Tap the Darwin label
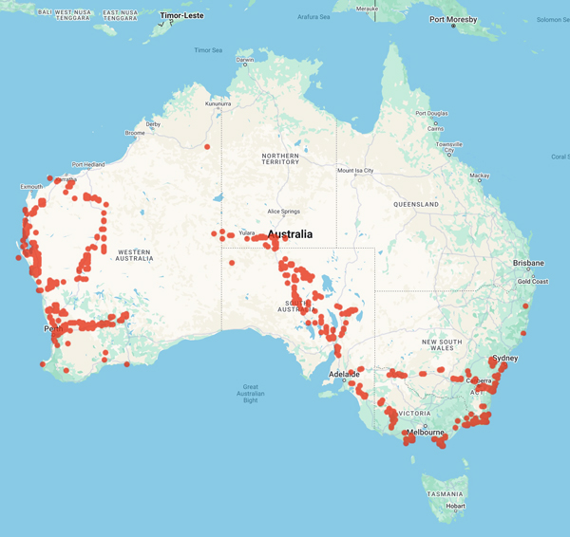click(x=245, y=60)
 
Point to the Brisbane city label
click(x=527, y=263)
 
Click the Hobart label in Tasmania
click(x=457, y=506)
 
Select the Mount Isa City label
click(x=355, y=171)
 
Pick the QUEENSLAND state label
click(x=416, y=204)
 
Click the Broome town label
click(x=135, y=133)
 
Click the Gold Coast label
click(x=532, y=282)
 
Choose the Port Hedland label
click(x=89, y=164)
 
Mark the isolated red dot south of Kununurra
click(x=207, y=147)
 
